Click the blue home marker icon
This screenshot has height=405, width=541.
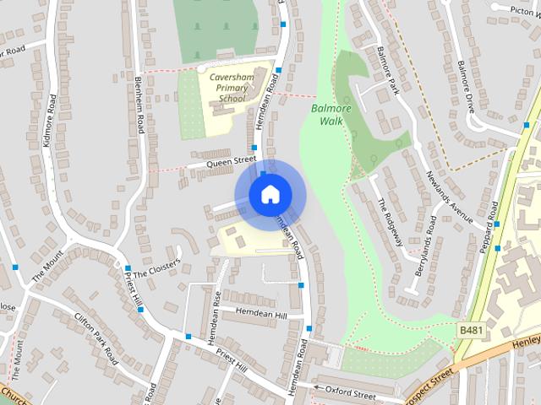click(269, 194)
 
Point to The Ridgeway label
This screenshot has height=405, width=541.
click(390, 222)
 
